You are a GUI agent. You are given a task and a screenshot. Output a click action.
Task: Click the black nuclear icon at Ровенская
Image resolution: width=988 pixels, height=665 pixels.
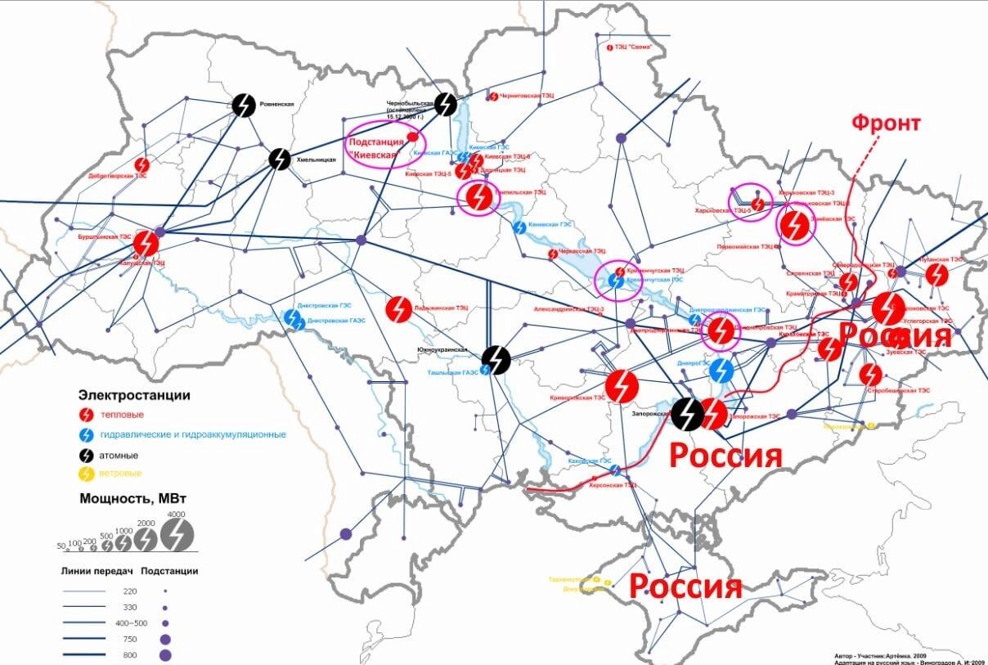click(244, 106)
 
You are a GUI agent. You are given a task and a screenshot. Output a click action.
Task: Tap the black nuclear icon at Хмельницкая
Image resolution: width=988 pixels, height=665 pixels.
click(280, 159)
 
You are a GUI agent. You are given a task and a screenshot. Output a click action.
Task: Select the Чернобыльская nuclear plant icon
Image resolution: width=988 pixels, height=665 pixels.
click(446, 104)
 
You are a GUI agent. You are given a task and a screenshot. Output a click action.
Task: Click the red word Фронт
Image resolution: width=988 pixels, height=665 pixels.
click(886, 124)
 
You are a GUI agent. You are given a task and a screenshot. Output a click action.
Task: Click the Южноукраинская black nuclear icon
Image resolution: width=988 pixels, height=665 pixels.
click(496, 358)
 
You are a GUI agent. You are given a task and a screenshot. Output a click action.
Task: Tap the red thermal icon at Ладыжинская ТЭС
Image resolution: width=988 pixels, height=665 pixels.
click(398, 308)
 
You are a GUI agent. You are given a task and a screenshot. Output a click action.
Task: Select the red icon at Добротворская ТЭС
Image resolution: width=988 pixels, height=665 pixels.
click(142, 165)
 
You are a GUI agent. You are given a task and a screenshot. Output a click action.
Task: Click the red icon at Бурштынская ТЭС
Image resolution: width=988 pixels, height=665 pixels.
click(146, 243)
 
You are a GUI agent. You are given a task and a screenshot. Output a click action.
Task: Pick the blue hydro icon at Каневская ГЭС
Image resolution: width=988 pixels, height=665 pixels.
click(519, 227)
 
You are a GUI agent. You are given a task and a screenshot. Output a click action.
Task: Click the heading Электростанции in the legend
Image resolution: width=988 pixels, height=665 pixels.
click(134, 395)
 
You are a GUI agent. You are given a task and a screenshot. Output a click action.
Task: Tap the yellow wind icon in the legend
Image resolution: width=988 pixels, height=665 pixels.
click(86, 473)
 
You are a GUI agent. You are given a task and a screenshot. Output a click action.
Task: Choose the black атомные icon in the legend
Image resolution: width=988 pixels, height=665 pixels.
click(86, 454)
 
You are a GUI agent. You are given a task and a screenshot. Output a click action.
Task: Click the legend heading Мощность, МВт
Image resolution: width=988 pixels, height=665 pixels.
click(127, 497)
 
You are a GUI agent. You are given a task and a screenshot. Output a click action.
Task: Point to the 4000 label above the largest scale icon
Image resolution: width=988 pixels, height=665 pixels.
click(176, 514)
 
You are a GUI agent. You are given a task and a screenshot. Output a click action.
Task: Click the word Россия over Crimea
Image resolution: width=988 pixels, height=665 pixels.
click(685, 586)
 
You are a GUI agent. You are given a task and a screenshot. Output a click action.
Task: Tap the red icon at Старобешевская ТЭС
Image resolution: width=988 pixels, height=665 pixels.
click(871, 375)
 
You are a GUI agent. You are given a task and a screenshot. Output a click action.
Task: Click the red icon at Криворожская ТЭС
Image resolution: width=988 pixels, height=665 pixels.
click(622, 386)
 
